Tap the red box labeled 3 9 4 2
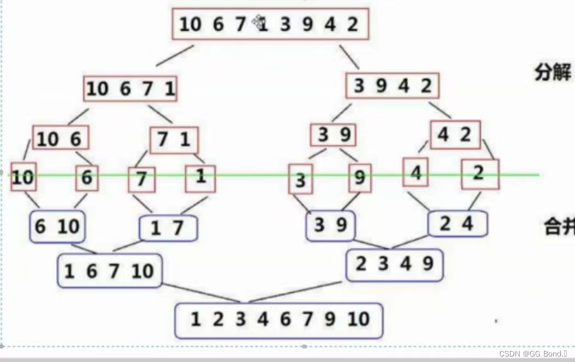(x=392, y=86)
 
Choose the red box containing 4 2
(x=455, y=135)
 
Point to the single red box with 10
(x=23, y=177)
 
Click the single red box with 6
(x=87, y=178)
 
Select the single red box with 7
(x=141, y=179)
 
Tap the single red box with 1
(x=200, y=178)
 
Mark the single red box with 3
(x=300, y=179)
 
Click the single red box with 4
(x=415, y=172)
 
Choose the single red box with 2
(x=480, y=174)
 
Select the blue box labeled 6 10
(x=57, y=226)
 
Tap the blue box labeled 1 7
(x=168, y=228)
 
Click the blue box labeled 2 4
(x=457, y=224)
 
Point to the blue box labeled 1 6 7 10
(x=110, y=270)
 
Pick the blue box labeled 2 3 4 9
(x=394, y=265)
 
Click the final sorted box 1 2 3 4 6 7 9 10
(x=278, y=320)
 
